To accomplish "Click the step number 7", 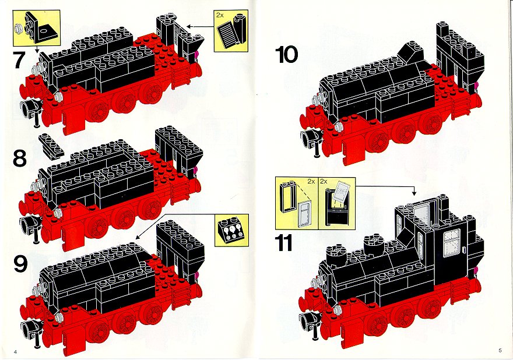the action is click(x=20, y=61).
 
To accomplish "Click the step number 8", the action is click(x=20, y=158).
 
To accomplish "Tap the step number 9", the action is click(x=20, y=264).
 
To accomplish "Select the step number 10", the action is click(x=287, y=55).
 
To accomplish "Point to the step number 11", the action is click(x=283, y=243).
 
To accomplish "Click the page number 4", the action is click(x=15, y=352).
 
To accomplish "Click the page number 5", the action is click(x=500, y=351).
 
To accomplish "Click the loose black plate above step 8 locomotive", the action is click(x=51, y=146).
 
